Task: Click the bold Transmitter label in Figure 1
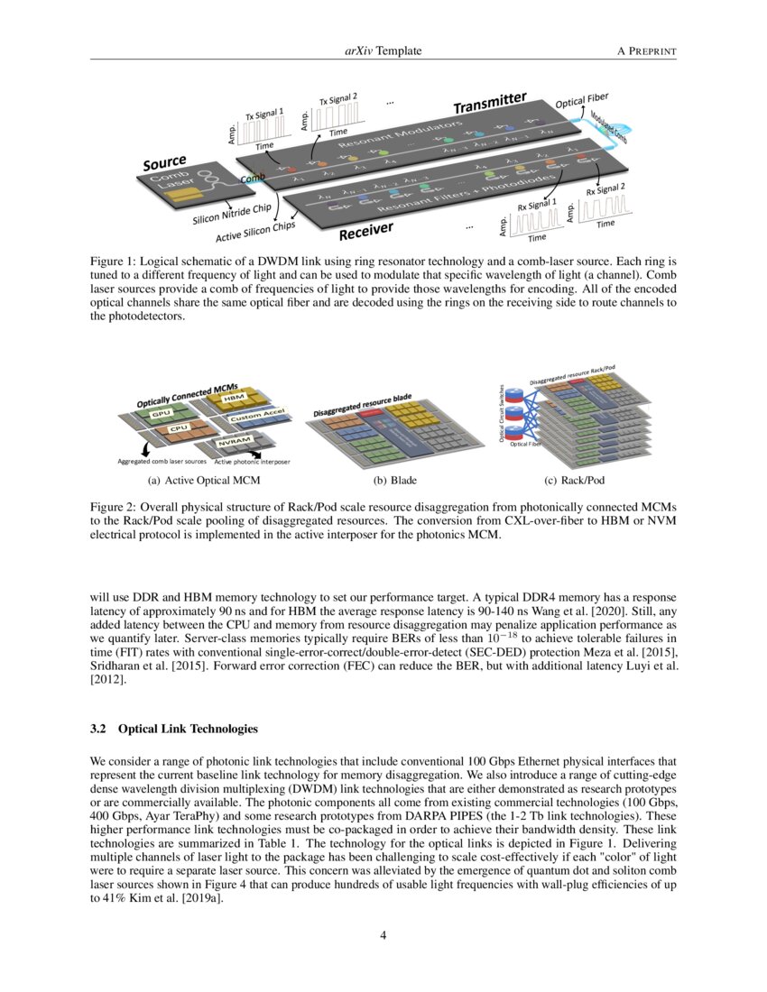point(489,105)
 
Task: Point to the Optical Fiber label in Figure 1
point(581,103)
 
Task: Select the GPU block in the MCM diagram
point(162,414)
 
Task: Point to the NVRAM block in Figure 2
point(234,443)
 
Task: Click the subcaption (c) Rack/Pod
point(576,481)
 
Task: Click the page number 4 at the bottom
point(383,935)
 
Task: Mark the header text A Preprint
point(646,51)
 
